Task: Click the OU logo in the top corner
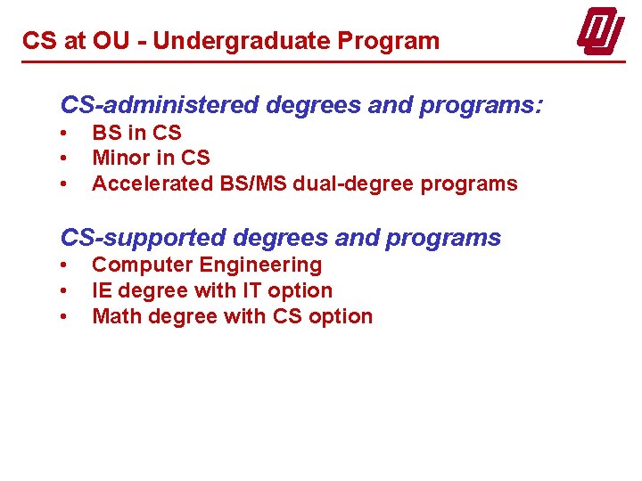pyautogui.click(x=600, y=33)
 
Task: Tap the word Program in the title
pyautogui.click(x=396, y=41)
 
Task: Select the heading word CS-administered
pyautogui.click(x=160, y=105)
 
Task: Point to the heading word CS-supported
pyautogui.click(x=144, y=238)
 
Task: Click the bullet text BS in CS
pyautogui.click(x=136, y=133)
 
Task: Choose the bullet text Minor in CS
pyautogui.click(x=151, y=159)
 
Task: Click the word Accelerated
pyautogui.click(x=152, y=184)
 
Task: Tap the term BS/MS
pyautogui.click(x=253, y=184)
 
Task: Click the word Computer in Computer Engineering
pyautogui.click(x=143, y=265)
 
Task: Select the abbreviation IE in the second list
pyautogui.click(x=102, y=290)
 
